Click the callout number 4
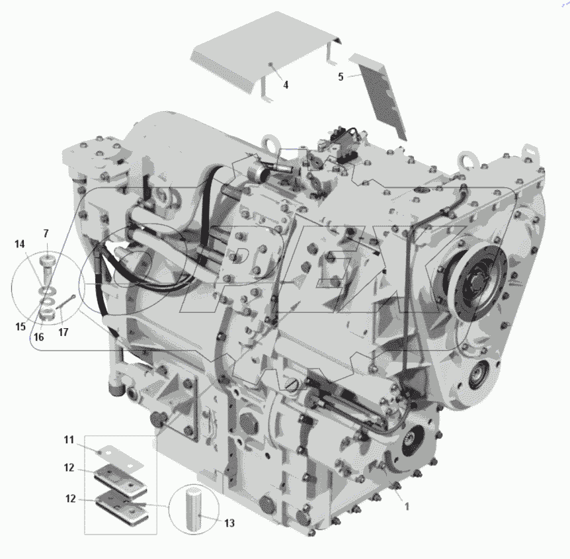(x=286, y=85)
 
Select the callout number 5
(x=341, y=77)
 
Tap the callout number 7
(x=46, y=234)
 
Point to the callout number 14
(x=20, y=244)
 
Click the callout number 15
(x=20, y=327)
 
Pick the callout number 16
(x=38, y=337)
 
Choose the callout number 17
(x=63, y=332)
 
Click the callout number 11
(x=69, y=440)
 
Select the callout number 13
(x=229, y=523)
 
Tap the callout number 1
(x=407, y=506)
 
